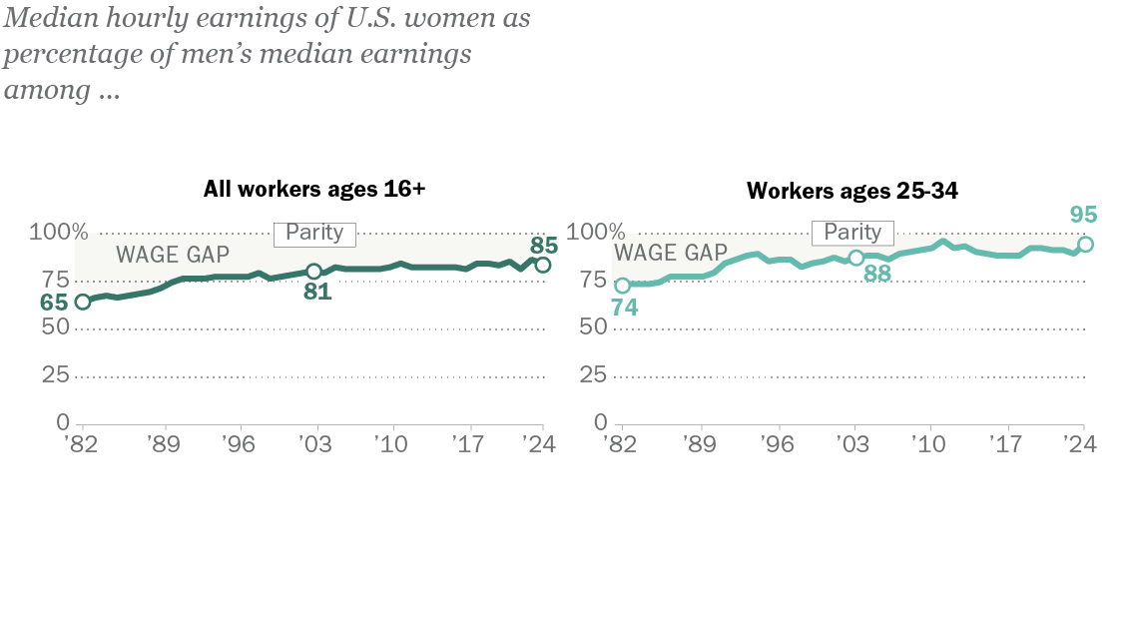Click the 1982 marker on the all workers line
pyautogui.click(x=82, y=303)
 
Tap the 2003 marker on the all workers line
pyautogui.click(x=313, y=271)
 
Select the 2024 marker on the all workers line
pyautogui.click(x=543, y=265)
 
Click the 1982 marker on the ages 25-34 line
pyautogui.click(x=622, y=286)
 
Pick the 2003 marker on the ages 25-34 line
pyautogui.click(x=855, y=258)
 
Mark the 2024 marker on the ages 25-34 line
pyautogui.click(x=1086, y=245)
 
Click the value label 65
pyautogui.click(x=55, y=302)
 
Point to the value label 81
pyautogui.click(x=317, y=293)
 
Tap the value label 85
pyautogui.click(x=544, y=244)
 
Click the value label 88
pyautogui.click(x=876, y=273)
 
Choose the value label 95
pyautogui.click(x=1084, y=216)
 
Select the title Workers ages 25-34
pyautogui.click(x=852, y=191)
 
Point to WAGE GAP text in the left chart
pyautogui.click(x=173, y=254)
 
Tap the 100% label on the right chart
pyautogui.click(x=594, y=234)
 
